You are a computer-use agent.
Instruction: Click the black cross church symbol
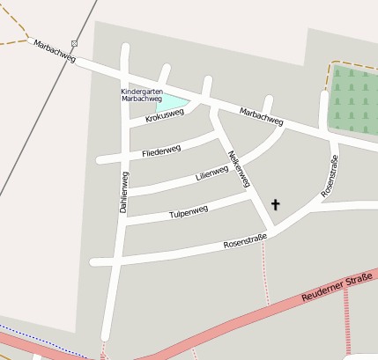275,205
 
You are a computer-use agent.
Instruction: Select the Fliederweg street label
160,151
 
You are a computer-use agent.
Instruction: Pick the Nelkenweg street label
239,169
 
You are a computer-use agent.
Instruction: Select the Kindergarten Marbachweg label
141,95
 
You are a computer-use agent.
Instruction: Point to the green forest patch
354,99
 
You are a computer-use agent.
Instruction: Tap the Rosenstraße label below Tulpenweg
245,241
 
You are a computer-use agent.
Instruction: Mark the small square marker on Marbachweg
75,43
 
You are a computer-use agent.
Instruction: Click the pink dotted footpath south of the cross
263,264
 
